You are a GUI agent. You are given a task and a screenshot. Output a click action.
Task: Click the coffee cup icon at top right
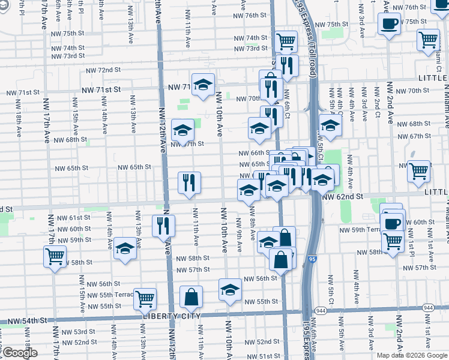point(390,24)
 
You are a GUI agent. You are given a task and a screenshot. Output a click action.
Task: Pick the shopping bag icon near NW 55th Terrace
point(191,296)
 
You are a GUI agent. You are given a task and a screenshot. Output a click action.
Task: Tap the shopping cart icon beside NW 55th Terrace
point(145,298)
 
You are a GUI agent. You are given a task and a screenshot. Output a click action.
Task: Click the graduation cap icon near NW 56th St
point(230,290)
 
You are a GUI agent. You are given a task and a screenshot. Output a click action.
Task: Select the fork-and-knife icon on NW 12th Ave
point(163,226)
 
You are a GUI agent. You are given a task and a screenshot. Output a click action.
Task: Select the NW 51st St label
point(258,356)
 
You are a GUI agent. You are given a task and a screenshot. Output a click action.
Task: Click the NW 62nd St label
point(343,196)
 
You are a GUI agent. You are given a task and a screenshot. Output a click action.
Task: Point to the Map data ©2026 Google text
point(411,355)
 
